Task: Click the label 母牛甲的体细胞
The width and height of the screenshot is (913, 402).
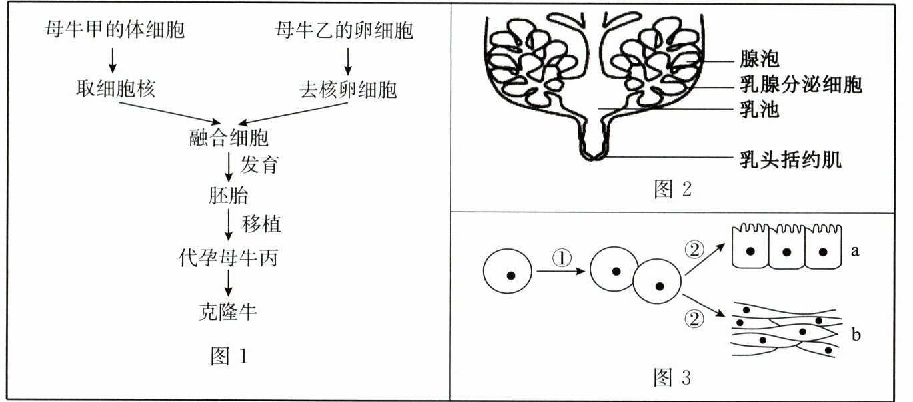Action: [114, 30]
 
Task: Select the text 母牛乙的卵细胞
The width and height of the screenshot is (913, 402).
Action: [343, 30]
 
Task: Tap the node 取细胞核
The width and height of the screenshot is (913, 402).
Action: [115, 89]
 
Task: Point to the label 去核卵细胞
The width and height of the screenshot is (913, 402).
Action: [347, 89]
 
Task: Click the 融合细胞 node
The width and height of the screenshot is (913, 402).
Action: [229, 138]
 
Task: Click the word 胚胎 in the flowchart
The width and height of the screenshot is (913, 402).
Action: [228, 195]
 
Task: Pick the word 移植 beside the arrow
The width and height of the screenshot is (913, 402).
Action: [261, 224]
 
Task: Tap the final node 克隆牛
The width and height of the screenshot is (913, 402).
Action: [228, 311]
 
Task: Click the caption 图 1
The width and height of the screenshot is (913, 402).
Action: [229, 357]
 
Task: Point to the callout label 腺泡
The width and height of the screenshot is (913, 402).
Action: [759, 60]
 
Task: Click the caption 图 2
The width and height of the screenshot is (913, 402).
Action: [672, 190]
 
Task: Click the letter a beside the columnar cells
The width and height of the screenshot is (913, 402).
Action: [855, 252]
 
